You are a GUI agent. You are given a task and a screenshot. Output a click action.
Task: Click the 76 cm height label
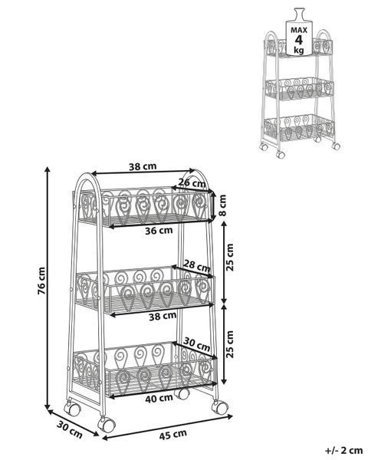point(41,281)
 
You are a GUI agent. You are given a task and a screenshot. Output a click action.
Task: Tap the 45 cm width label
point(172,435)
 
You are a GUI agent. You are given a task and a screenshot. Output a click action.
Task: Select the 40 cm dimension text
point(159,398)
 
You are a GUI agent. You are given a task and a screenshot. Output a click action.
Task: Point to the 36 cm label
point(159,230)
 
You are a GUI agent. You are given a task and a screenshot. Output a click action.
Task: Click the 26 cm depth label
point(192,182)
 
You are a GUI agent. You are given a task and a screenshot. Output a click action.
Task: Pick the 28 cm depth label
point(196,266)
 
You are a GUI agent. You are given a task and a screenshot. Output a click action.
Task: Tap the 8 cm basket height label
point(222,205)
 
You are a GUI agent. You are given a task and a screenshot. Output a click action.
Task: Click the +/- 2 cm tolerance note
point(343,450)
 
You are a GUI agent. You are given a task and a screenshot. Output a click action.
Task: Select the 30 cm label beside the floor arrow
point(70,429)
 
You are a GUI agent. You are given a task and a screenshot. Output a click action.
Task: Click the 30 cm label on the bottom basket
point(196,344)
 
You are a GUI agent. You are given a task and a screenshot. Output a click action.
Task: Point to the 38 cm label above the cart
point(143,166)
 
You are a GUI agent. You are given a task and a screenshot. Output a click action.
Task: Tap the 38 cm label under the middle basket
point(163,316)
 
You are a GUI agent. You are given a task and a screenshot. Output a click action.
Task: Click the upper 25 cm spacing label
point(230,258)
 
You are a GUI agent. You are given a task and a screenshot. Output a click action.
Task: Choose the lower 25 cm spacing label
point(230,344)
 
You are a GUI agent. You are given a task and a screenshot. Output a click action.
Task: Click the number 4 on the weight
point(299,40)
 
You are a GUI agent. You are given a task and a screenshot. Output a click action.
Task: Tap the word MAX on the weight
point(299,30)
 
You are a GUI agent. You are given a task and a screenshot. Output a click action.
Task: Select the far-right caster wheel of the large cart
point(220,407)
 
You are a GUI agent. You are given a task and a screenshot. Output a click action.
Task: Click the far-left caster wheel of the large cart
point(72,408)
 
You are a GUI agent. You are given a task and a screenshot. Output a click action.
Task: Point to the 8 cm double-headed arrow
point(215,205)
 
